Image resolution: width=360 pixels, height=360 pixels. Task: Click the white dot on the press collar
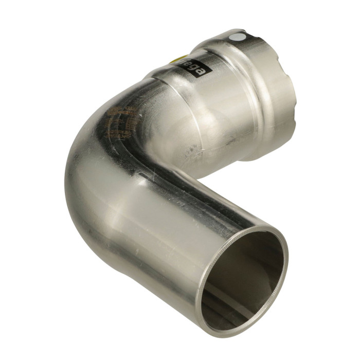(237, 37)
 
